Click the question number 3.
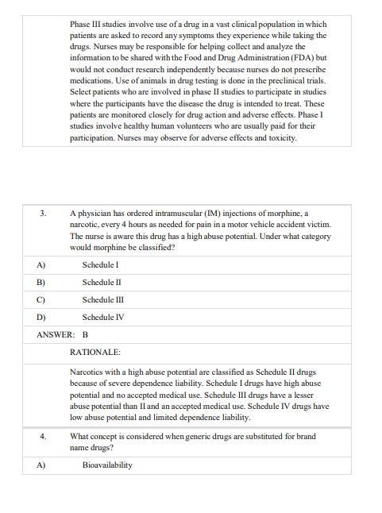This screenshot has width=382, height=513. pyautogui.click(x=43, y=214)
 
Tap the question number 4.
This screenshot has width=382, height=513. pyautogui.click(x=43, y=436)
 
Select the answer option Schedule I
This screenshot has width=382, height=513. pyautogui.click(x=100, y=264)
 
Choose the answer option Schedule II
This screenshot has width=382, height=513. pyautogui.click(x=102, y=282)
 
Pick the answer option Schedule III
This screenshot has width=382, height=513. pyautogui.click(x=102, y=300)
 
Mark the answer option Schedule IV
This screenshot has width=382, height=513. pyautogui.click(x=102, y=318)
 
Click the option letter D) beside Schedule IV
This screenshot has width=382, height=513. pyautogui.click(x=41, y=318)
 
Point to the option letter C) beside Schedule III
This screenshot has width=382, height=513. pyautogui.click(x=41, y=300)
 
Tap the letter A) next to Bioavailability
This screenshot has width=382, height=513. pyautogui.click(x=41, y=465)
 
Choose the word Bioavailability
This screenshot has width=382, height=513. pyautogui.click(x=107, y=465)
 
